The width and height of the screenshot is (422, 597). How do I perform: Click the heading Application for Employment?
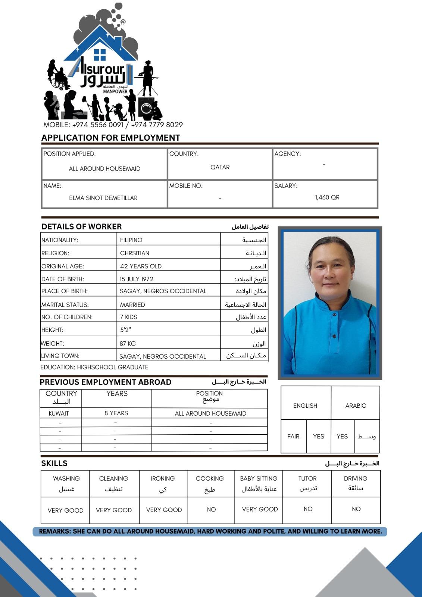[x=111, y=138]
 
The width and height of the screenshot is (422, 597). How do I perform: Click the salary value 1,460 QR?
[x=327, y=197]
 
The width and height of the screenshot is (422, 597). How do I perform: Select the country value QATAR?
[x=220, y=167]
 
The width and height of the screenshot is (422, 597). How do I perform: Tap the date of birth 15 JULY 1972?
[x=137, y=279]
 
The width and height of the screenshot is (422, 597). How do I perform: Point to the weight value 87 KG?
[x=128, y=343]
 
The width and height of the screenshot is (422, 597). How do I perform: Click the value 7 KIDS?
[x=129, y=317]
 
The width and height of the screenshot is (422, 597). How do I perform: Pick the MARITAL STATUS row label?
[x=65, y=304]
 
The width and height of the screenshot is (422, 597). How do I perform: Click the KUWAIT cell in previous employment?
[x=59, y=413]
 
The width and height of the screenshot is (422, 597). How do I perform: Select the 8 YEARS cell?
[x=116, y=413]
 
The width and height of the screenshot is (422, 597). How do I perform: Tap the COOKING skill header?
[x=210, y=478]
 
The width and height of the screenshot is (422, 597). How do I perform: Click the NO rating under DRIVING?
[x=356, y=509]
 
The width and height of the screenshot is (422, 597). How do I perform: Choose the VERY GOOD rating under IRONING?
[x=164, y=510]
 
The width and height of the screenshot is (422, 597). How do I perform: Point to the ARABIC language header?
[x=356, y=406]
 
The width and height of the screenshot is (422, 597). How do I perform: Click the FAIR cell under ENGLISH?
[x=293, y=436]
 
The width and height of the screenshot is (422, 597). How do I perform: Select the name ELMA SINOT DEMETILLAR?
[x=103, y=198]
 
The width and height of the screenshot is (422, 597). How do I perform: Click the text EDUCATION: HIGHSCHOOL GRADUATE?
[x=94, y=367]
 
